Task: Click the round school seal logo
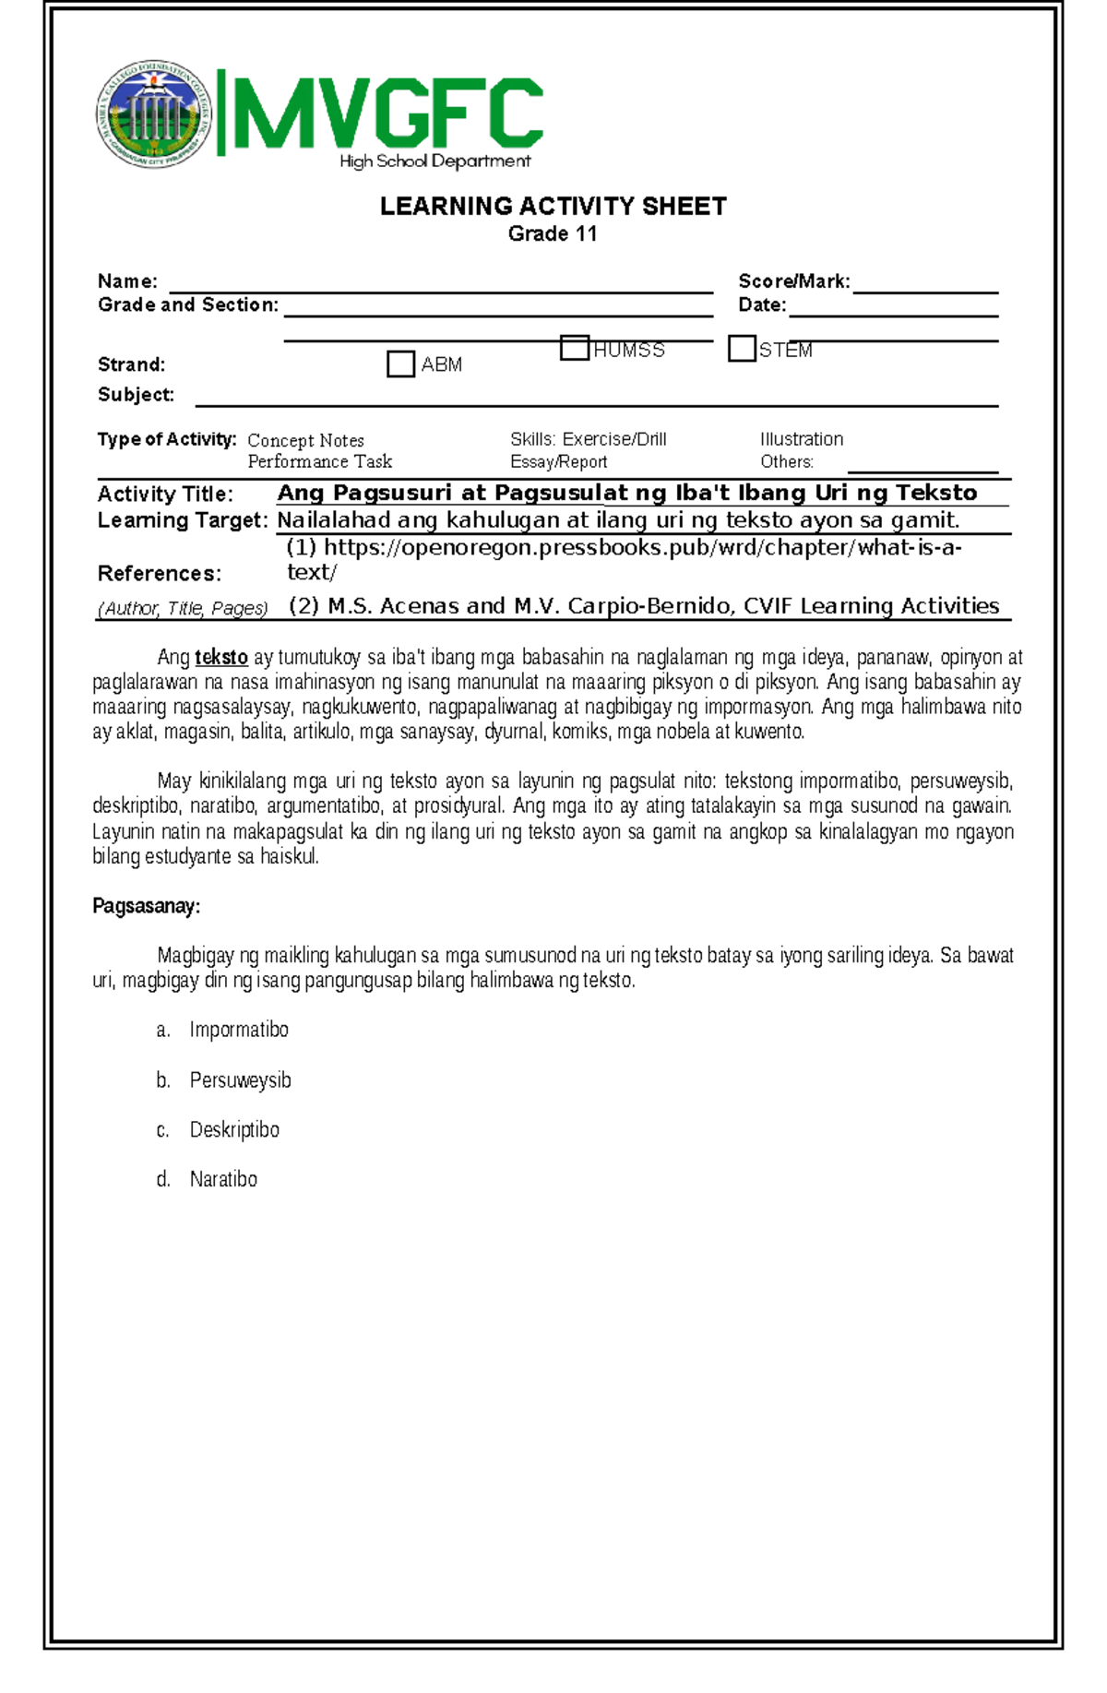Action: point(153,114)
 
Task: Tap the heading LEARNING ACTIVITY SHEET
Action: point(553,206)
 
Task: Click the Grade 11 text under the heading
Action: point(553,233)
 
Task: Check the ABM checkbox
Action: point(400,364)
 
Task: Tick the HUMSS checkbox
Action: point(574,349)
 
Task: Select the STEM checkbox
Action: point(742,349)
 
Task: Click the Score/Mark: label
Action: point(793,281)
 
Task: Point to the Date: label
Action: point(762,305)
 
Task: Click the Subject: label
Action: point(136,395)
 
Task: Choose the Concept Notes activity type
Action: point(305,440)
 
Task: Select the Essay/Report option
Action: point(558,462)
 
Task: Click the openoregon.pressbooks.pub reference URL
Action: point(624,548)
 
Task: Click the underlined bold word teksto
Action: point(221,658)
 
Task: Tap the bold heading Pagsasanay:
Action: point(146,906)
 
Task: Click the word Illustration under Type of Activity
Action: point(801,439)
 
